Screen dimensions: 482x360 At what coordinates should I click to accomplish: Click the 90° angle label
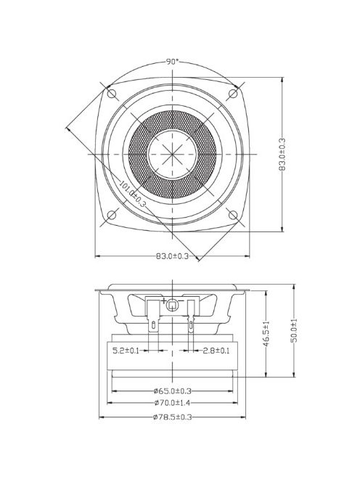point(172,62)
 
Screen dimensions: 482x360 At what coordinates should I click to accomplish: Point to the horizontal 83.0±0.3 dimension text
point(172,256)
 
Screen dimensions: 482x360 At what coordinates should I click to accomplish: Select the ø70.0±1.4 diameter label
point(172,404)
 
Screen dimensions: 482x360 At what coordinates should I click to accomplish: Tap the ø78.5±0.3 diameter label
point(172,418)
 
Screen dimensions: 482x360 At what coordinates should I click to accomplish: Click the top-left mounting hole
point(112,94)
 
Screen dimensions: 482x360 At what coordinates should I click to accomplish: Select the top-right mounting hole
point(233,94)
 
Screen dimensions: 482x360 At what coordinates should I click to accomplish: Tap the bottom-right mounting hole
point(233,215)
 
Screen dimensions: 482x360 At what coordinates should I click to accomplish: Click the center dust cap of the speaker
point(172,155)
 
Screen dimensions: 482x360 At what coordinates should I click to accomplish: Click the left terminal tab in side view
point(153,319)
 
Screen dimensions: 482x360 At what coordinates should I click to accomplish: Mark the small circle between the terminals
point(172,306)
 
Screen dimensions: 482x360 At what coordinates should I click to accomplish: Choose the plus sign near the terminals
point(165,301)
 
